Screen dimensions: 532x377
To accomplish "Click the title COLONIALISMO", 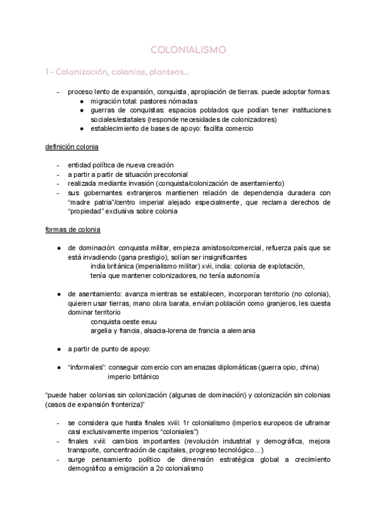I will coord(188,49).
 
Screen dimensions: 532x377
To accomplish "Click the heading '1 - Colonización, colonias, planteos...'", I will coord(107,72).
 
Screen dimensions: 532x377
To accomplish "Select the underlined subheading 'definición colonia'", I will coord(72,146).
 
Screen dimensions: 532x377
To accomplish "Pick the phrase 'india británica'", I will coord(112,266).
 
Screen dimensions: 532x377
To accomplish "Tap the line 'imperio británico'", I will coord(133,377).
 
